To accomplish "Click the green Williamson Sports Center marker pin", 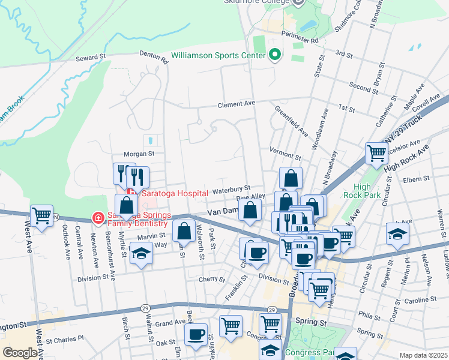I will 276,55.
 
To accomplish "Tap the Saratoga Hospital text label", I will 174,193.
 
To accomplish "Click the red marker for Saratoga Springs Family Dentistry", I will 97,217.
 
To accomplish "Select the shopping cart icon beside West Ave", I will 41,215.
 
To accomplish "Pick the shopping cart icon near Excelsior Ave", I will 376,153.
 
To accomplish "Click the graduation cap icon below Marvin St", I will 141,253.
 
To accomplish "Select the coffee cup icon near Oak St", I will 196,334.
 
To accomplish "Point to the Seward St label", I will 91,58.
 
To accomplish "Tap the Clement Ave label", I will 237,103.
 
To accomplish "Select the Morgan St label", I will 139,154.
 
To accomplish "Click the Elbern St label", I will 417,178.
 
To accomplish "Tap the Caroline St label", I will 418,299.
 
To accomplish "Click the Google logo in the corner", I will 20,353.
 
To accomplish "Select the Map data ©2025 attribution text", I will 423,355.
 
